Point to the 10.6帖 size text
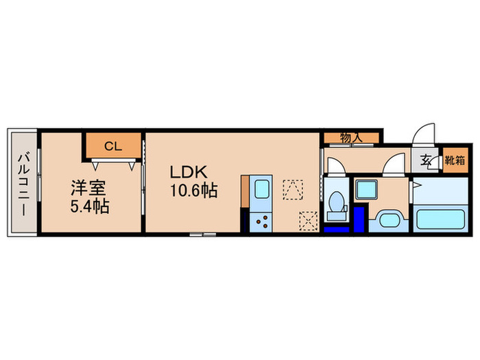click(194, 191)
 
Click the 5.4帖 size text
click(88, 204)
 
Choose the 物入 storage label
click(350, 138)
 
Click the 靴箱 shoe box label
click(454, 161)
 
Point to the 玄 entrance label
click(425, 161)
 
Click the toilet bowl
click(336, 202)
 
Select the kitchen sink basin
click(261, 189)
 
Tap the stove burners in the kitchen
click(261, 220)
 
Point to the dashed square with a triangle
click(293, 189)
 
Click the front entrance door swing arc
click(424, 134)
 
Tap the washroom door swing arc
click(393, 165)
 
